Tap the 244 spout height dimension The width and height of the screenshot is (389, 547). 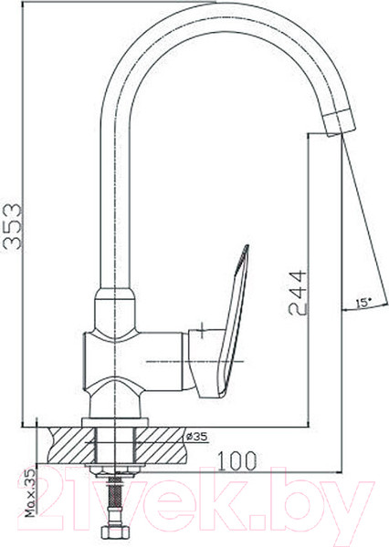pos(297,293)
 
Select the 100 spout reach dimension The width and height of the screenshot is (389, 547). pos(237,460)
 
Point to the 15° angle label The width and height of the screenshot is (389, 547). pos(363,303)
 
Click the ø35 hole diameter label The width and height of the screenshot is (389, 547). pos(196,436)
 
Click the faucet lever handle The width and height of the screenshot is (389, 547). pos(224,325)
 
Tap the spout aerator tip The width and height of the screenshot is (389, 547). pos(339,123)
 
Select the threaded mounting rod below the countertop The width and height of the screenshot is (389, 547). pos(114,492)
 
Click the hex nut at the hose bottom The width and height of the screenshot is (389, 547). pos(115,533)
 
